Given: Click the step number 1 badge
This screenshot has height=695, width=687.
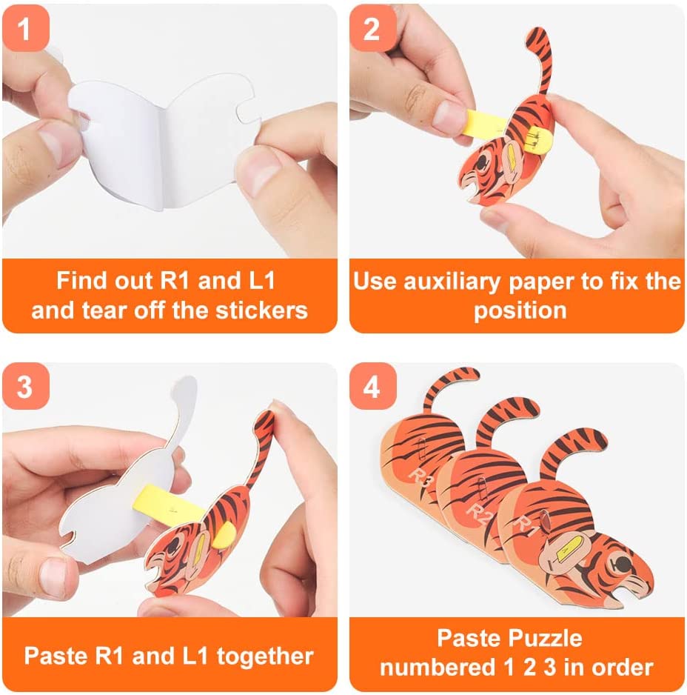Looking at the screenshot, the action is tap(25, 28).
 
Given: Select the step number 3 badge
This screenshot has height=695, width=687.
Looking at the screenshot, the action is tap(25, 386).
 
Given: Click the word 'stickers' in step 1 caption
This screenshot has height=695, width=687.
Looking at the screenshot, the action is tap(261, 310).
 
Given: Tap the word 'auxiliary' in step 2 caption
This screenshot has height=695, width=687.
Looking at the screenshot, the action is tap(452, 282).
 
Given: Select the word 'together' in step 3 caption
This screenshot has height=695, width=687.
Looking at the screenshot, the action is tap(265, 656).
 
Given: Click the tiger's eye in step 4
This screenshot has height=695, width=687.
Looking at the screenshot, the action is tap(623, 565).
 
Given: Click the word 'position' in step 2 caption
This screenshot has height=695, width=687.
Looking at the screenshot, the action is tap(520, 310).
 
